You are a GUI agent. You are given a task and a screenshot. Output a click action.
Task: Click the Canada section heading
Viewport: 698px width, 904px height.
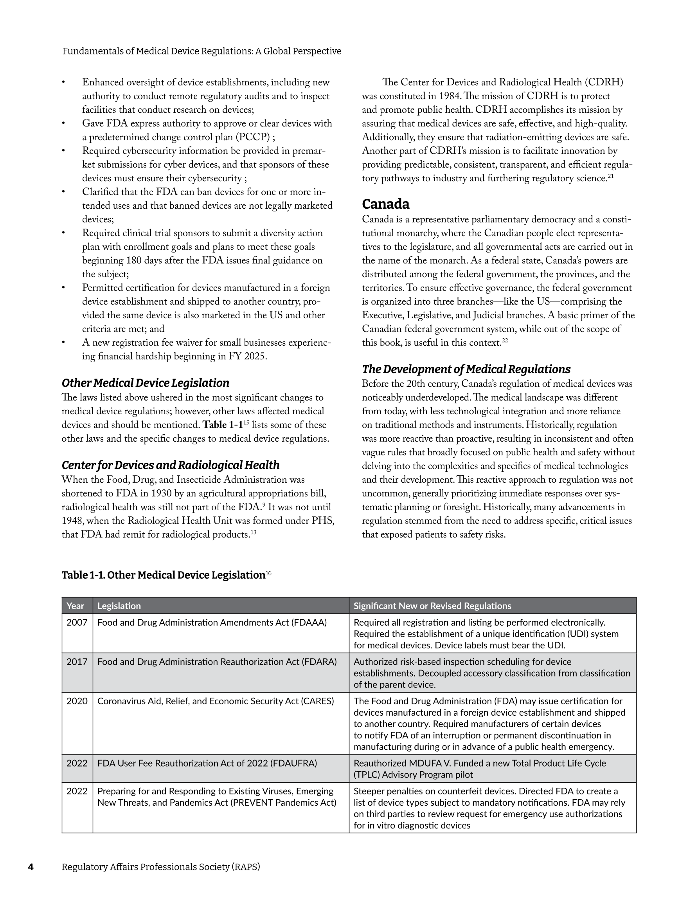point(386,204)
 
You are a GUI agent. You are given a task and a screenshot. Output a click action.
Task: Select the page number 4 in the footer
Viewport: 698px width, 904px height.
point(31,867)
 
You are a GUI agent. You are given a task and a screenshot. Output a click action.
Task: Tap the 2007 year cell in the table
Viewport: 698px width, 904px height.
point(77,623)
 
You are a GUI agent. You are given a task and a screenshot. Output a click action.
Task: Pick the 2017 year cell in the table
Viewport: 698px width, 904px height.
point(77,662)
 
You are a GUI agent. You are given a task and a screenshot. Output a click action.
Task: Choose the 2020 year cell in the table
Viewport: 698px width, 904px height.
point(77,701)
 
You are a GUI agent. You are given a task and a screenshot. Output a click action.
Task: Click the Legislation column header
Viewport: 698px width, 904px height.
point(119,606)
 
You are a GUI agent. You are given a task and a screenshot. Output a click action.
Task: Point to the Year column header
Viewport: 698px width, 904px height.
point(75,606)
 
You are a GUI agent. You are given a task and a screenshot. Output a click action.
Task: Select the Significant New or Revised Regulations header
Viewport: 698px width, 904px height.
point(432,606)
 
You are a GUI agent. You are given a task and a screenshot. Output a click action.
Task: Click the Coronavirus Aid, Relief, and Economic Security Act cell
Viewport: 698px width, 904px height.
point(216,701)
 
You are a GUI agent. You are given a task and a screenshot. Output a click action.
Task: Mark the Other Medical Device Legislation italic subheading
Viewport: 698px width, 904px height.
point(145,383)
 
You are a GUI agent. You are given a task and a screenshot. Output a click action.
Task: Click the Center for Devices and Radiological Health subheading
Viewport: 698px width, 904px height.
point(171,465)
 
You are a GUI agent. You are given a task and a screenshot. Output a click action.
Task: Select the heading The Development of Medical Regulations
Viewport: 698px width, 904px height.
point(466,369)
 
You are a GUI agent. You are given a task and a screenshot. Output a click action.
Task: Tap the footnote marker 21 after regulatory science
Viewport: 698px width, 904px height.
point(611,176)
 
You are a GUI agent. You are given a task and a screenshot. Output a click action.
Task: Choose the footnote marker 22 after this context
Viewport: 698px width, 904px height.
point(505,341)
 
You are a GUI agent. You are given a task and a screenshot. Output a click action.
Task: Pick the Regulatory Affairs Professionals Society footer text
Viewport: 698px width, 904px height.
point(161,867)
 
